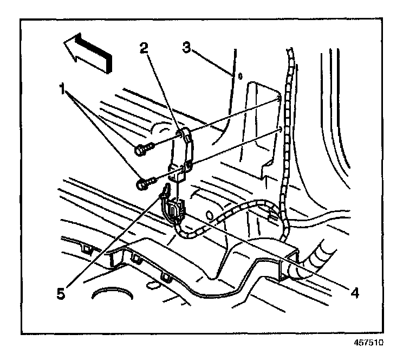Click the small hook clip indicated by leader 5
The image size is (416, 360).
pos(166,189)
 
